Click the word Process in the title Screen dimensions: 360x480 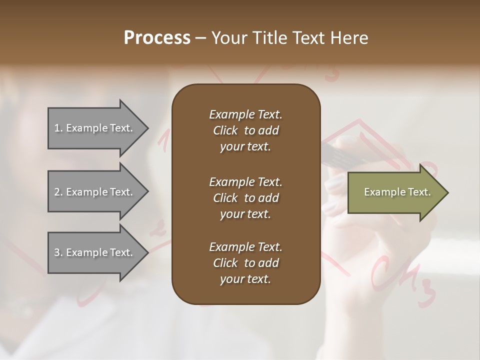pos(157,38)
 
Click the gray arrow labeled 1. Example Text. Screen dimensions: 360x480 pos(95,128)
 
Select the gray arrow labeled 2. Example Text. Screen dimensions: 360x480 pos(95,192)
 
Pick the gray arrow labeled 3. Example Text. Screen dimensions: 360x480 pos(95,252)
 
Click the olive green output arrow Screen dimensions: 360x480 pos(395,192)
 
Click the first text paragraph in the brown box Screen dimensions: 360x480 pos(245,130)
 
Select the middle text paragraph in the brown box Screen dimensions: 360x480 pos(245,197)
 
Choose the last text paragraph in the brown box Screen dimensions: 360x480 pos(245,263)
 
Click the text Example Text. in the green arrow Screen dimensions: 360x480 pos(397,192)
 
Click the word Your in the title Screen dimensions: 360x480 pos(229,38)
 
